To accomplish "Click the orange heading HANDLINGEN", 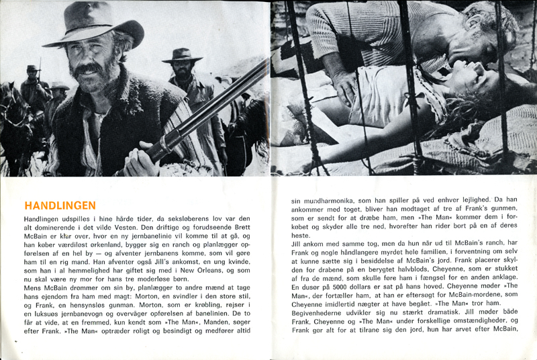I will tap(60, 206).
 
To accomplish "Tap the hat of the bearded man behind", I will tap(182, 53).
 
